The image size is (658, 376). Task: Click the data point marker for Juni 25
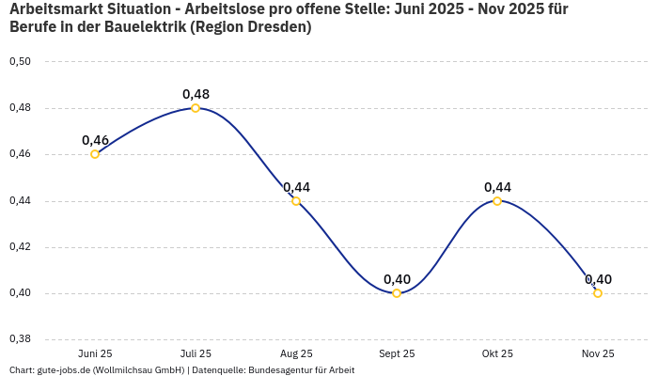95,154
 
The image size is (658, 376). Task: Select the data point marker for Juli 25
196,108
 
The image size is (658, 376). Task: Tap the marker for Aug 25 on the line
296,201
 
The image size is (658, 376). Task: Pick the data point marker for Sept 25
397,293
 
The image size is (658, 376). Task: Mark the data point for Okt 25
497,201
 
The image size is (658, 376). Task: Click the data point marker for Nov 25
598,293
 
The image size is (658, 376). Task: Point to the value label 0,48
196,94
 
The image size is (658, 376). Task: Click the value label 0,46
95,140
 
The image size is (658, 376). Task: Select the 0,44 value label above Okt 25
497,187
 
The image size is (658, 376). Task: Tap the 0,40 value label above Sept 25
397,279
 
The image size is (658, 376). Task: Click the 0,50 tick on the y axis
20,62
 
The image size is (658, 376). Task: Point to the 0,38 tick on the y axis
20,339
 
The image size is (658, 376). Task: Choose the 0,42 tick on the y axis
20,247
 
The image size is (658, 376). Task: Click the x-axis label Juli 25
196,353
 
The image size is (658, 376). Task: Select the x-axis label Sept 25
397,353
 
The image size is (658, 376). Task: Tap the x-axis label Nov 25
598,353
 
